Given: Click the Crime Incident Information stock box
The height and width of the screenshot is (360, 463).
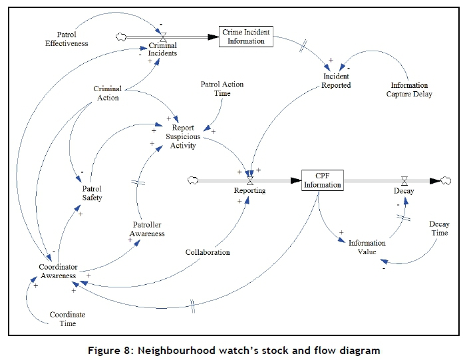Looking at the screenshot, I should pyautogui.click(x=246, y=36).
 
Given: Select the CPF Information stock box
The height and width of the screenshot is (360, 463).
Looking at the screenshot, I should pyautogui.click(x=323, y=180).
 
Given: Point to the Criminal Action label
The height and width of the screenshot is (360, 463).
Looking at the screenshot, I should pyautogui.click(x=106, y=93).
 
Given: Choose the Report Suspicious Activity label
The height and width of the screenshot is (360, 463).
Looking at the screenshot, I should pyautogui.click(x=183, y=136).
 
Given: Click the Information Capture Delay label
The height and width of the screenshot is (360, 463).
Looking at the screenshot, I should pyautogui.click(x=410, y=89).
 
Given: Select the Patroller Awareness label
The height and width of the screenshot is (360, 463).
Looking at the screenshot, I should pyautogui.click(x=146, y=229).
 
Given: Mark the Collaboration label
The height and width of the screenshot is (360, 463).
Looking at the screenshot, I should pyautogui.click(x=208, y=252).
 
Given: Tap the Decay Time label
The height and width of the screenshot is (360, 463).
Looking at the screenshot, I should pyautogui.click(x=438, y=228).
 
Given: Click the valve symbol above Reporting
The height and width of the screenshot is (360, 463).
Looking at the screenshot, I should pyautogui.click(x=250, y=180).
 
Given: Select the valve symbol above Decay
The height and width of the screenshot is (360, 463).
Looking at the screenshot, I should pyautogui.click(x=404, y=180).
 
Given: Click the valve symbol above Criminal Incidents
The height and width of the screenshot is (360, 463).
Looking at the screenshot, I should pyautogui.click(x=162, y=37).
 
